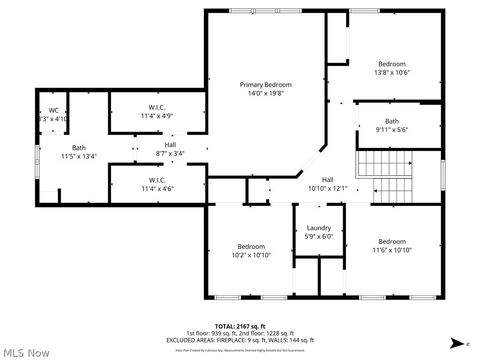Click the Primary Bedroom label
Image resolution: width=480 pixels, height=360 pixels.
[x=264, y=85]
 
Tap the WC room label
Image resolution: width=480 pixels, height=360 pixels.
[x=53, y=110]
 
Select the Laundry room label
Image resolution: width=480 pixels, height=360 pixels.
[x=319, y=227]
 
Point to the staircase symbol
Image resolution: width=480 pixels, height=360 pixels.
[x=384, y=162]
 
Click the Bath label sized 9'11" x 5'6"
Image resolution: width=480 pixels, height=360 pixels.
[x=392, y=121]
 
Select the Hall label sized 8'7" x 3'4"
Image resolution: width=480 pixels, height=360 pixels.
[x=170, y=146]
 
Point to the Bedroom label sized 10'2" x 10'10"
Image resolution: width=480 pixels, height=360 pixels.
[x=251, y=246]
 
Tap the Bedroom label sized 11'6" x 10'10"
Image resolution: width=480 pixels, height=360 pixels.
[x=392, y=241]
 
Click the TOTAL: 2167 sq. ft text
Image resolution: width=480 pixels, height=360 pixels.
[x=240, y=326]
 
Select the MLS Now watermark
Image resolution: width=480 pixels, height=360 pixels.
[x=27, y=352]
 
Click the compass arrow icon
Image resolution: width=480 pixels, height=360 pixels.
[x=456, y=343]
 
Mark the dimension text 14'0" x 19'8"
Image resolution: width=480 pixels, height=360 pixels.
[x=264, y=94]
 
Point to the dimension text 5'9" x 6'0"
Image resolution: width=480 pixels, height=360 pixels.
[x=319, y=236]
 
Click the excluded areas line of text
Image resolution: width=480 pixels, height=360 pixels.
[x=240, y=340]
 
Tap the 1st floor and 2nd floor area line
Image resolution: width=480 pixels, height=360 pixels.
[x=240, y=333]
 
